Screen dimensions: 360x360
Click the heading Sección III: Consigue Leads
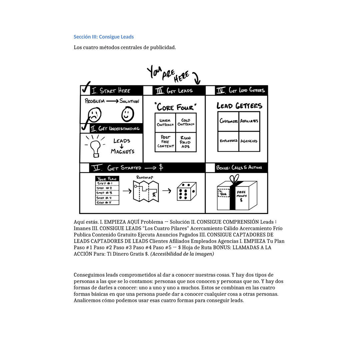click(x=104, y=37)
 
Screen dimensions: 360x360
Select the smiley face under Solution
click(x=127, y=114)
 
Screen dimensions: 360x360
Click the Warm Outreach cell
click(x=165, y=123)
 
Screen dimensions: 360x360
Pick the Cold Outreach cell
click(x=186, y=123)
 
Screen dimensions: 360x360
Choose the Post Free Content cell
click(x=165, y=142)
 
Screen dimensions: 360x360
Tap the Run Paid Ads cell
click(x=186, y=142)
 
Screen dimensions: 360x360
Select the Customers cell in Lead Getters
click(x=228, y=121)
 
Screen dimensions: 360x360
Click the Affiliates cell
click(x=249, y=121)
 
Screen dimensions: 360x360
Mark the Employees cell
click(x=228, y=141)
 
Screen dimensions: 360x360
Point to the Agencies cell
click(x=249, y=141)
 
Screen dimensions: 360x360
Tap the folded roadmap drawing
click(x=146, y=191)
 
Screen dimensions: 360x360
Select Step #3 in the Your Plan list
click(x=107, y=193)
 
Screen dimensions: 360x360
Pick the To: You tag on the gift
click(x=223, y=193)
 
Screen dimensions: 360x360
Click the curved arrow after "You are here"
click(x=197, y=79)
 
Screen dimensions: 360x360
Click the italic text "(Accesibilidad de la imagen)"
click(x=182, y=254)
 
